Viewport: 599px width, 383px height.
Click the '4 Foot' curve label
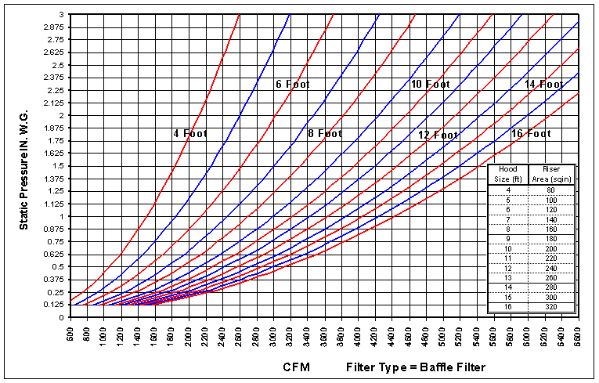coord(190,133)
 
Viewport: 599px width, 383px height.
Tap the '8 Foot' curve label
coord(325,133)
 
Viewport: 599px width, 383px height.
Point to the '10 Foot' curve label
coord(431,84)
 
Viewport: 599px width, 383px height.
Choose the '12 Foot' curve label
coord(438,135)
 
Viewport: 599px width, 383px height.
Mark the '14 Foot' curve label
coord(544,84)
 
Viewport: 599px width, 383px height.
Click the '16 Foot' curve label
coord(531,133)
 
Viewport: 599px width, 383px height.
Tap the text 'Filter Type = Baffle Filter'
coord(416,367)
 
